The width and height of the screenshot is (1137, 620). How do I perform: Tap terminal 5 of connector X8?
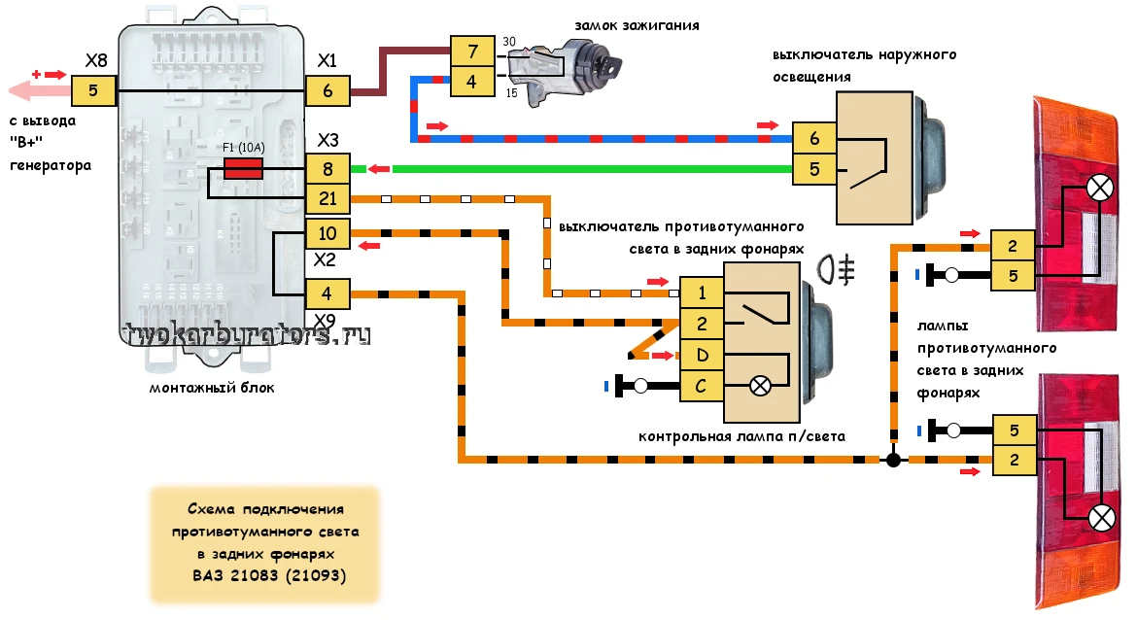pos(94,92)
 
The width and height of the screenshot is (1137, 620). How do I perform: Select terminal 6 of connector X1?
pos(327,92)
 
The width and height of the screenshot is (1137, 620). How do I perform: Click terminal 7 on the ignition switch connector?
pos(471,50)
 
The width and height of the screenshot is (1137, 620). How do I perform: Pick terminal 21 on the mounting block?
pos(327,200)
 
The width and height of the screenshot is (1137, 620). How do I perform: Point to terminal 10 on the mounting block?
pos(327,233)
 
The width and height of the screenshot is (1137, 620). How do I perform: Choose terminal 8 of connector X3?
pos(327,169)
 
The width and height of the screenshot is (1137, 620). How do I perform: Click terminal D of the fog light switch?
pos(702,356)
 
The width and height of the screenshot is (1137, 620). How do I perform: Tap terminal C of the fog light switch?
pos(702,386)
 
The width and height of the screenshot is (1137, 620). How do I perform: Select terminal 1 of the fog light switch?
pos(702,293)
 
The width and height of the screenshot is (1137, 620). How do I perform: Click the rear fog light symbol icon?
pos(837,268)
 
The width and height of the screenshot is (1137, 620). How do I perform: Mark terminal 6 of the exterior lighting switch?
pos(814,139)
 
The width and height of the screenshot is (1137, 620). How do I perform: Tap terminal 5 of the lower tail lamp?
pos(1014,430)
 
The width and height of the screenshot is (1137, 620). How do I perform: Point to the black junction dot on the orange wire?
pos(893,459)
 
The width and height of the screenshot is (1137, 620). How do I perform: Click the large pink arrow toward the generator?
pos(39,92)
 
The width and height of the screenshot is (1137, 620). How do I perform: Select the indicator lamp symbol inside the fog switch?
pos(760,386)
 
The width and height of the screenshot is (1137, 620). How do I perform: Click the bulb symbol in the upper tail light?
pos(1099,189)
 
